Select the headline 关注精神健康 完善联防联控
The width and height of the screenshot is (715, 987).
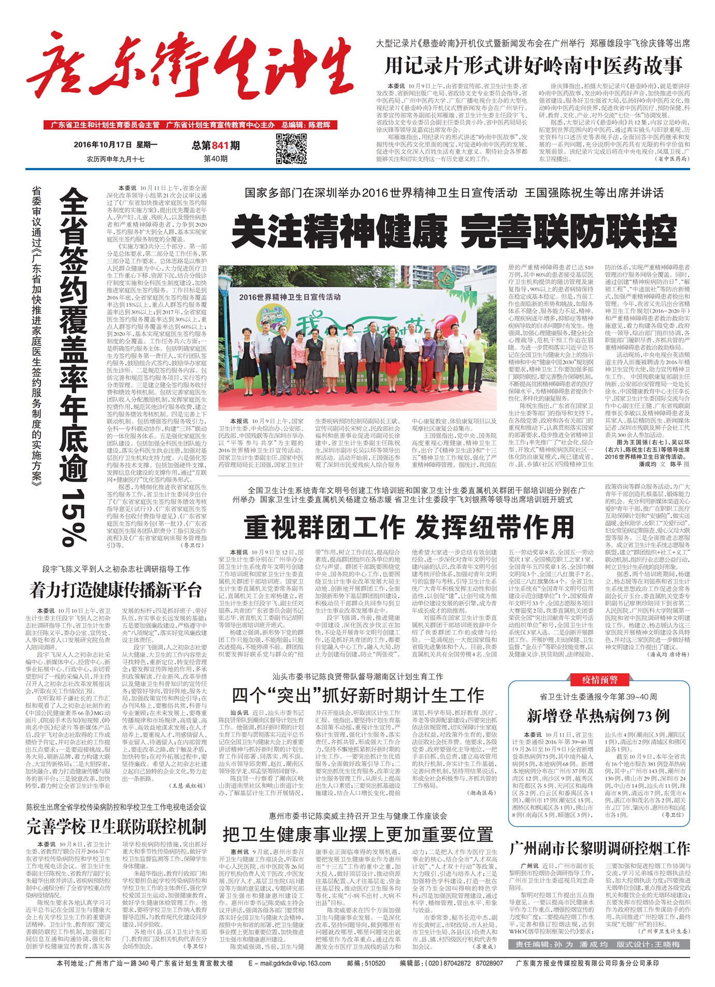tap(454, 232)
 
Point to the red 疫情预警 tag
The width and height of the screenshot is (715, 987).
tap(598, 680)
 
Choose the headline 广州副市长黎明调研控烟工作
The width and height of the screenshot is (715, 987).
tap(599, 849)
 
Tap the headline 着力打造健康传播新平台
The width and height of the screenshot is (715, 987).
tap(116, 590)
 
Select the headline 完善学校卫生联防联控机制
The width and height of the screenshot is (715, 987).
tap(117, 826)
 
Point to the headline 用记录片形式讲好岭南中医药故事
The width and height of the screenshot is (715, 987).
tap(533, 66)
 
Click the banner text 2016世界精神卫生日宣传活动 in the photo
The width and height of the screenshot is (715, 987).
tap(290, 297)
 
